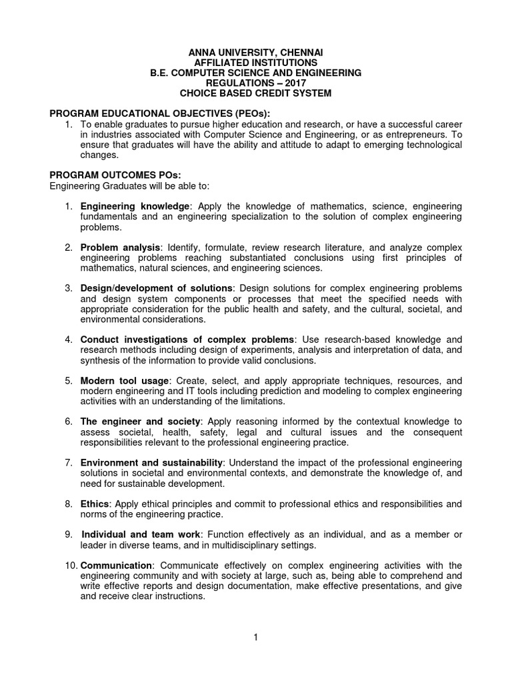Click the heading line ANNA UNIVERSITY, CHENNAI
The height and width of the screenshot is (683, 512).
[256, 51]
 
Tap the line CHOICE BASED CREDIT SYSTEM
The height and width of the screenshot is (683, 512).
[256, 93]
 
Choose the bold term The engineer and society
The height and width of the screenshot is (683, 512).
[140, 422]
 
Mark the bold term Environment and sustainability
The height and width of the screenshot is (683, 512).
[152, 463]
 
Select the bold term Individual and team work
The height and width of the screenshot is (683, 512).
[141, 535]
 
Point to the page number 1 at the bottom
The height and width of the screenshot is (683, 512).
[255, 638]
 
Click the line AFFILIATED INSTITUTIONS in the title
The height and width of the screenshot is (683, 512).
[256, 62]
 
